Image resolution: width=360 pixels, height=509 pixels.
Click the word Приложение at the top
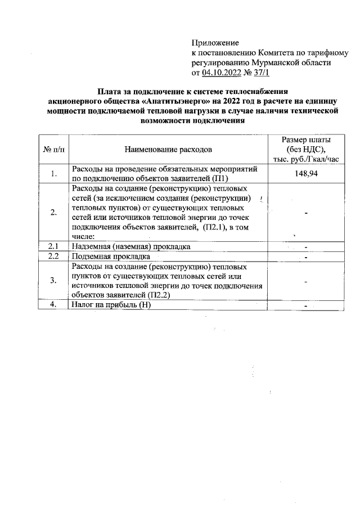(x=215, y=43)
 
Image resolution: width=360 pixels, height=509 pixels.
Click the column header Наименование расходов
(x=168, y=150)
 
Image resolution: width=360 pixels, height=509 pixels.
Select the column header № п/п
(x=53, y=150)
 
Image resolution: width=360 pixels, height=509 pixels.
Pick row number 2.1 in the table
(x=53, y=246)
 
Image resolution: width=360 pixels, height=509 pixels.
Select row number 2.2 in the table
(x=53, y=256)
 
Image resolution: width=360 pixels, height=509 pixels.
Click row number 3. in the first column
(x=53, y=281)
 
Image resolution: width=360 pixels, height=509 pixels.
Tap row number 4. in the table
(x=53, y=305)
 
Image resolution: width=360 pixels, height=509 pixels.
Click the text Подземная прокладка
(x=105, y=256)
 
